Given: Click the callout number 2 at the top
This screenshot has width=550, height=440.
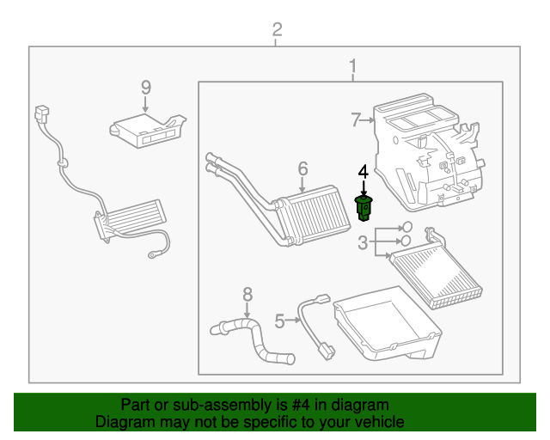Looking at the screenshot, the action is (277, 29).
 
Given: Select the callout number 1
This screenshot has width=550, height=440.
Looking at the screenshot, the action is (353, 66).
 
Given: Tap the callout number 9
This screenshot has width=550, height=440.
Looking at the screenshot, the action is (146, 88).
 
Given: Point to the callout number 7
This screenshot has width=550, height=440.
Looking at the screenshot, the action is (356, 120).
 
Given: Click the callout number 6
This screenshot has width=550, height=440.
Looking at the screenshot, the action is (302, 168).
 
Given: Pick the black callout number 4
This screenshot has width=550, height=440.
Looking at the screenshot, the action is (363, 172).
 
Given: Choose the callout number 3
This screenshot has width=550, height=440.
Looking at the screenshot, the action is (363, 243).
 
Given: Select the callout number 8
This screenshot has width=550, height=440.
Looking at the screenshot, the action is (247, 295).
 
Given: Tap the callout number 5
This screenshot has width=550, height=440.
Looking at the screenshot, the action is (279, 321).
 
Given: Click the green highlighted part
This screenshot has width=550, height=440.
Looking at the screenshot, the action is (364, 209).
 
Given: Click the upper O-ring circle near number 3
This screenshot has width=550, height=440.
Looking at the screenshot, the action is (406, 227).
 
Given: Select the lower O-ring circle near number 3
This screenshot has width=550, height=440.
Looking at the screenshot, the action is (406, 241).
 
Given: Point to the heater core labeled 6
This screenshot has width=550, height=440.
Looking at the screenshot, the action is (312, 216).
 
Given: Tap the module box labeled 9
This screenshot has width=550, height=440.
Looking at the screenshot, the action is (147, 131).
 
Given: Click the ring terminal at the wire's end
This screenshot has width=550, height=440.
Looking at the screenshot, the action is (153, 254).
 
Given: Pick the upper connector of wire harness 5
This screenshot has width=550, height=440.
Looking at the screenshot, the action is (323, 299).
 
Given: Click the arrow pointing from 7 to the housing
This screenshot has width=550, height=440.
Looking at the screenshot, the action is (368, 120).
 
